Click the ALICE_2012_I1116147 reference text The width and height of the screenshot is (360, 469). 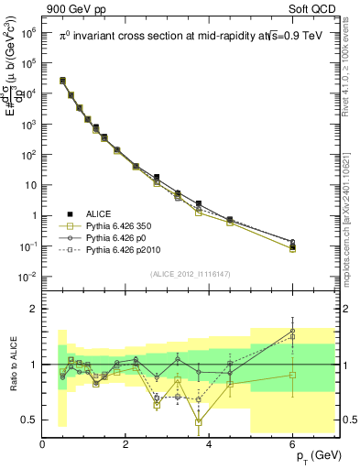pos(190,274)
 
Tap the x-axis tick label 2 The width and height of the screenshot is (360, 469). pos(126,444)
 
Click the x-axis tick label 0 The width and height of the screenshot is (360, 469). pos(43,444)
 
